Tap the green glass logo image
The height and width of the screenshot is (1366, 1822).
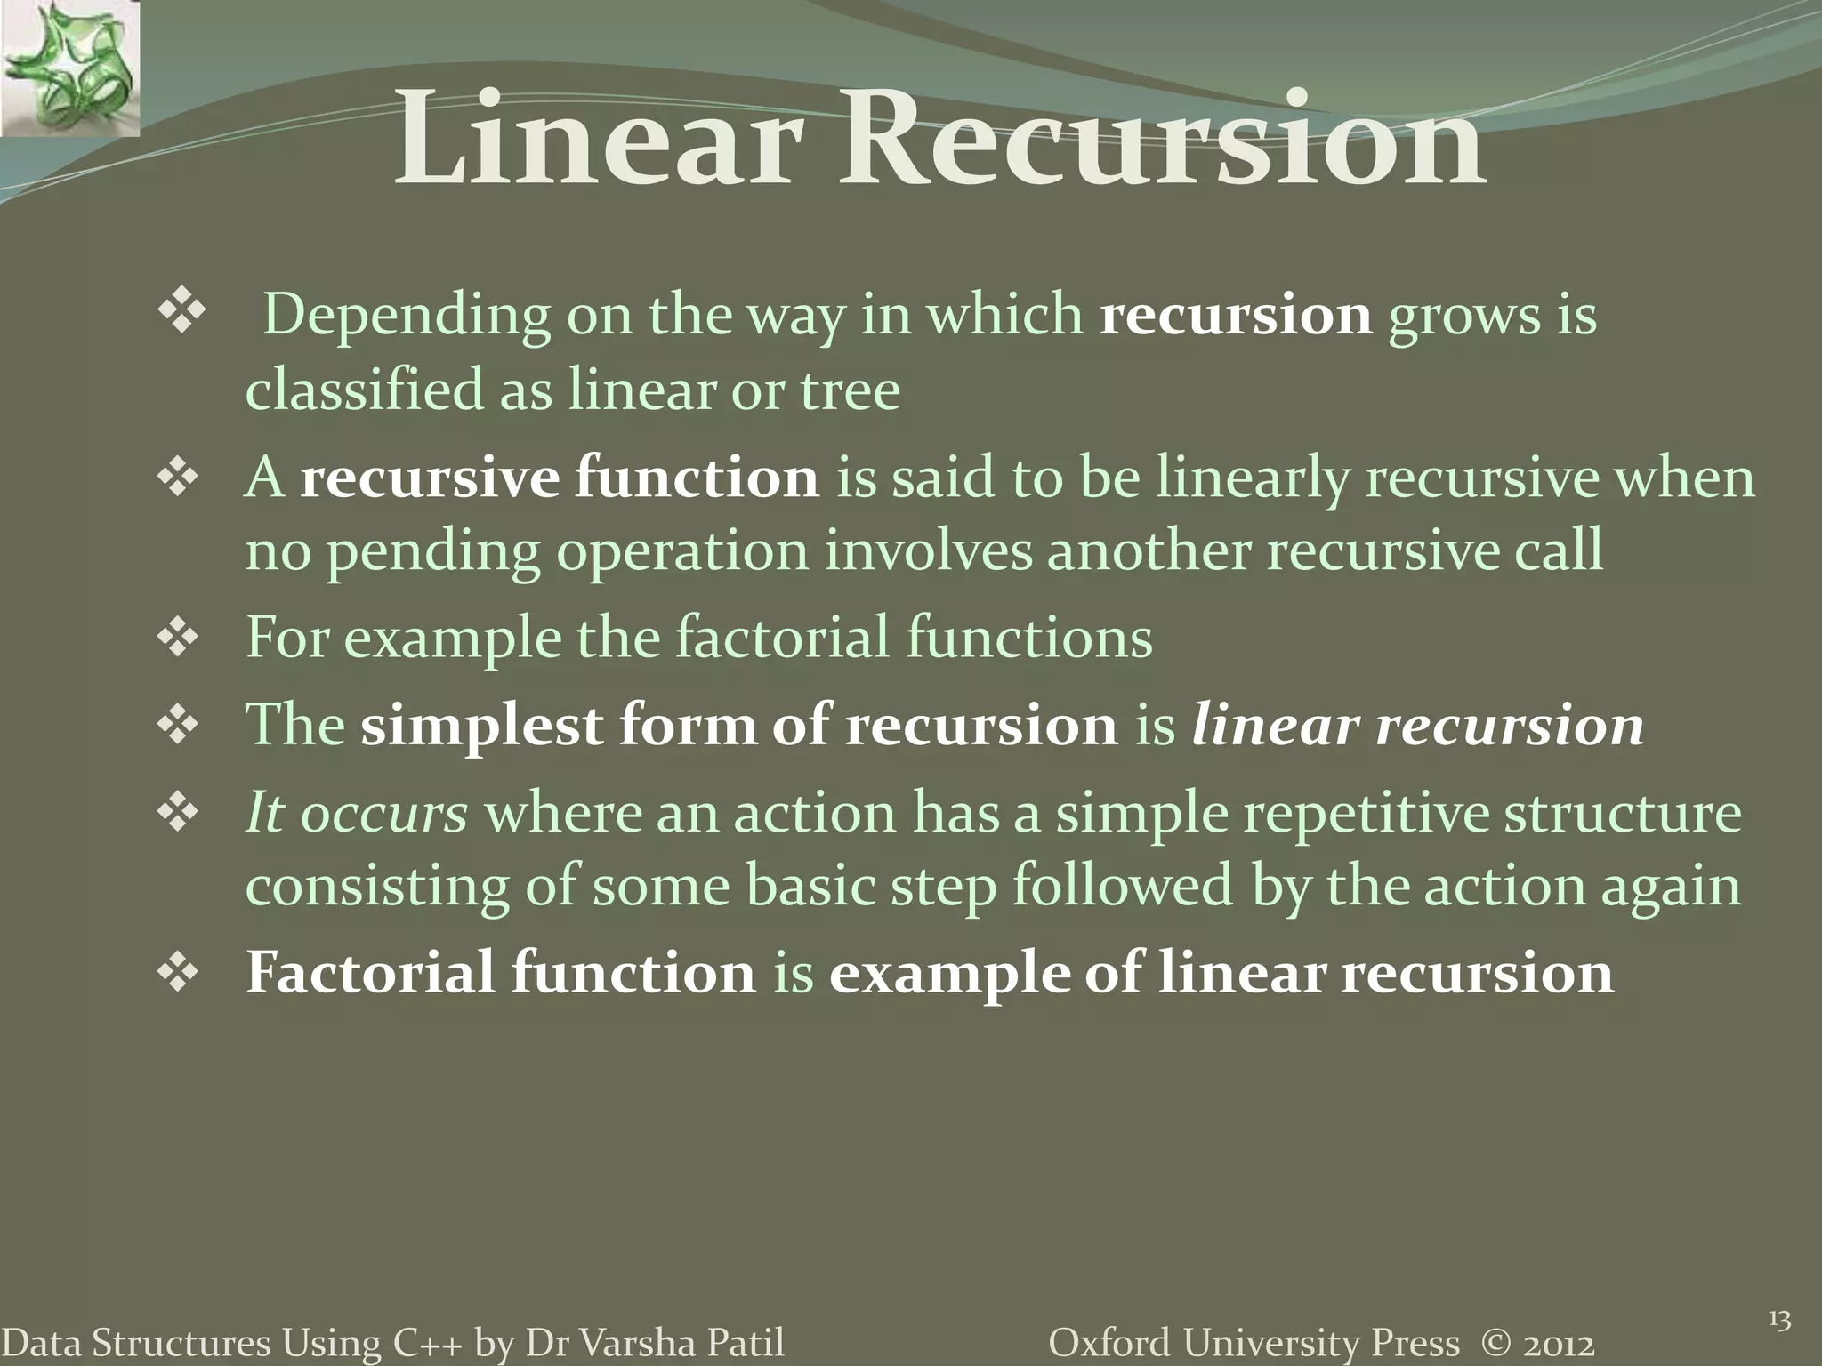coord(69,68)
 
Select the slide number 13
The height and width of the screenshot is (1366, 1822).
coord(1779,1321)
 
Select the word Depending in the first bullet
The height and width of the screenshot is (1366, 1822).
coord(407,317)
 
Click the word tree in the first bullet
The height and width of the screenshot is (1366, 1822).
coord(850,391)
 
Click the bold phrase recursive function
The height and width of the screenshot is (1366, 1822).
coord(559,478)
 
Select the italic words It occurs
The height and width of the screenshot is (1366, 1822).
coord(356,814)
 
